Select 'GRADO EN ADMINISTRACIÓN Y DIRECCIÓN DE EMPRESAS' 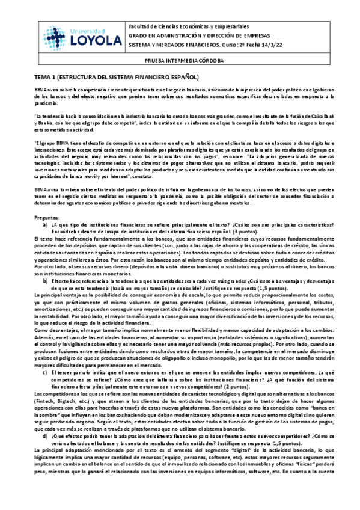pyautogui.click(x=199, y=35)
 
